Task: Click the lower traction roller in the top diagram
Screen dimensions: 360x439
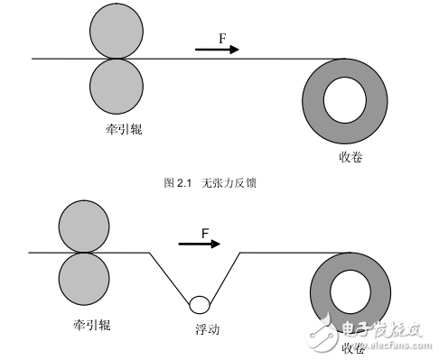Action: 116,84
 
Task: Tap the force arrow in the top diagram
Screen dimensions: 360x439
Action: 217,50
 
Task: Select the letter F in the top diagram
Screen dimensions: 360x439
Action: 222,37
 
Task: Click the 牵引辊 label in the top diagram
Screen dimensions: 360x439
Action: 123,130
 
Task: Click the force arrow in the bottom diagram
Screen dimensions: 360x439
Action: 200,244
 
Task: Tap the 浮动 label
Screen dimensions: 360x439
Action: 206,330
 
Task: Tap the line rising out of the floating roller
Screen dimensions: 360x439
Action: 226,276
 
